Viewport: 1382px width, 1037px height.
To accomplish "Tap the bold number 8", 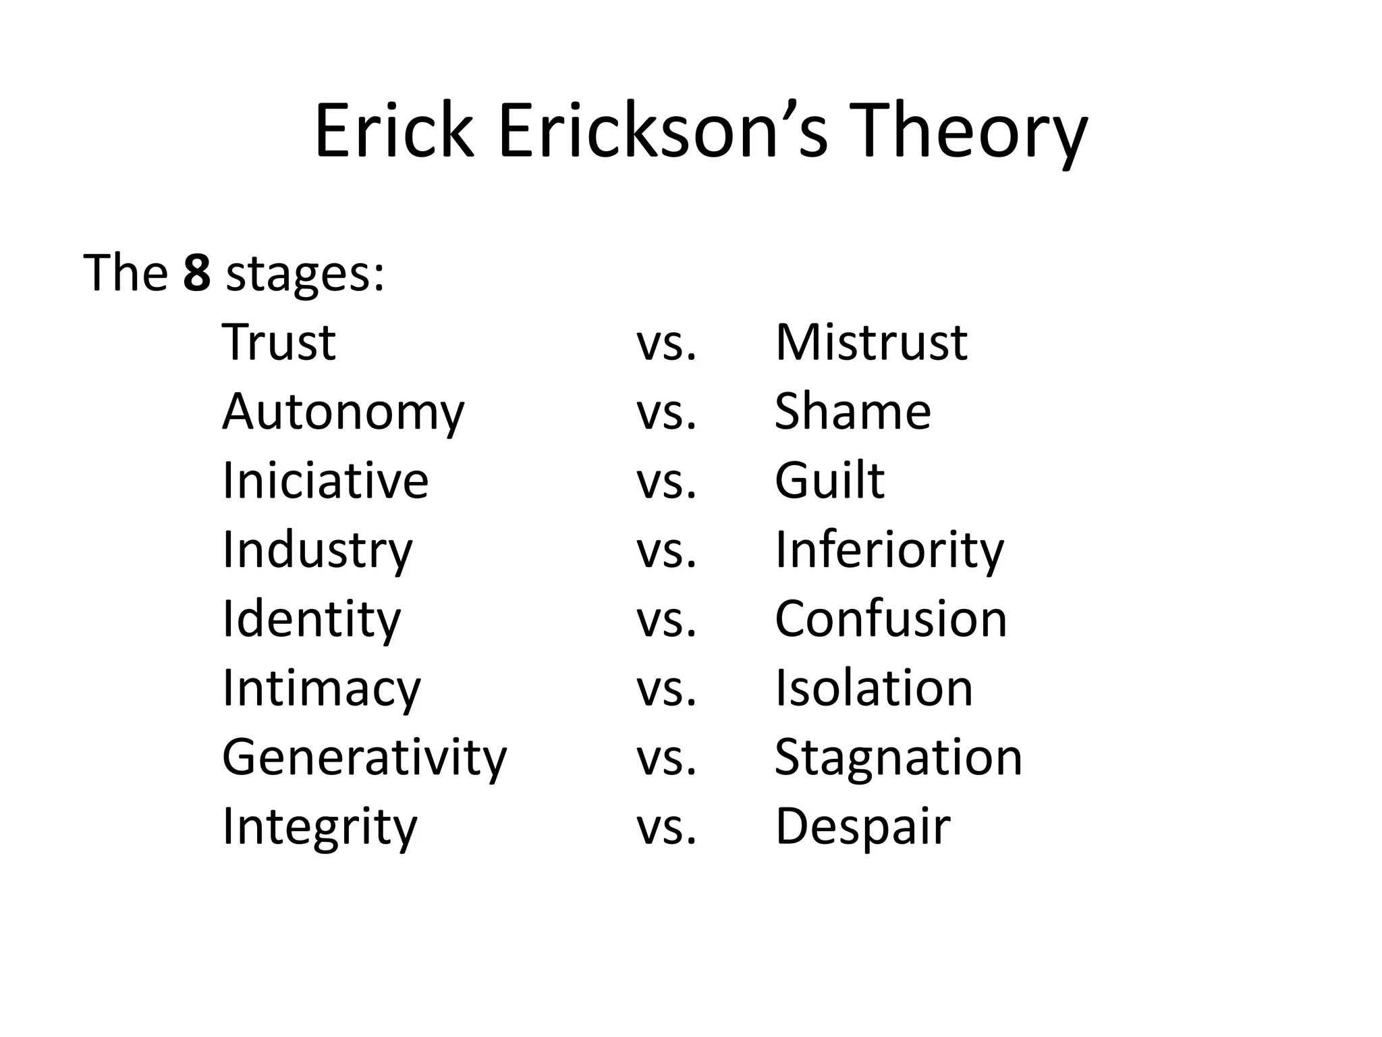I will (x=196, y=273).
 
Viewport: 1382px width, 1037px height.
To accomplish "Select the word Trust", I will (x=279, y=342).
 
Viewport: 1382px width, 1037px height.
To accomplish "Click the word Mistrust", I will (x=871, y=342).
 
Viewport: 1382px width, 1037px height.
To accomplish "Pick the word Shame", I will (x=852, y=411).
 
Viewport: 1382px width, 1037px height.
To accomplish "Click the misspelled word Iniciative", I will (x=325, y=481).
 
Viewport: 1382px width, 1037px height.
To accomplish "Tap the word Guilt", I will (x=829, y=481).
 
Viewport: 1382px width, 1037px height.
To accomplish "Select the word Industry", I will (x=317, y=551).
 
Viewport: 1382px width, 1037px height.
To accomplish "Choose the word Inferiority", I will (x=889, y=551).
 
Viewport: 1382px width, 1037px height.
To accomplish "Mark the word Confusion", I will (x=891, y=619).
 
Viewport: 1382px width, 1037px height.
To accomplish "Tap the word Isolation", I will (x=874, y=689).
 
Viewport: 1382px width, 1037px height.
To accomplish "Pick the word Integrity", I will (x=320, y=828).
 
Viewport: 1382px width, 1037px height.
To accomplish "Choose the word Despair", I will (x=862, y=828).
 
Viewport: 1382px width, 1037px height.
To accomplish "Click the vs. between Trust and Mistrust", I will (x=666, y=344).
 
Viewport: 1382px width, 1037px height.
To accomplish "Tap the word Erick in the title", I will (x=394, y=132).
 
